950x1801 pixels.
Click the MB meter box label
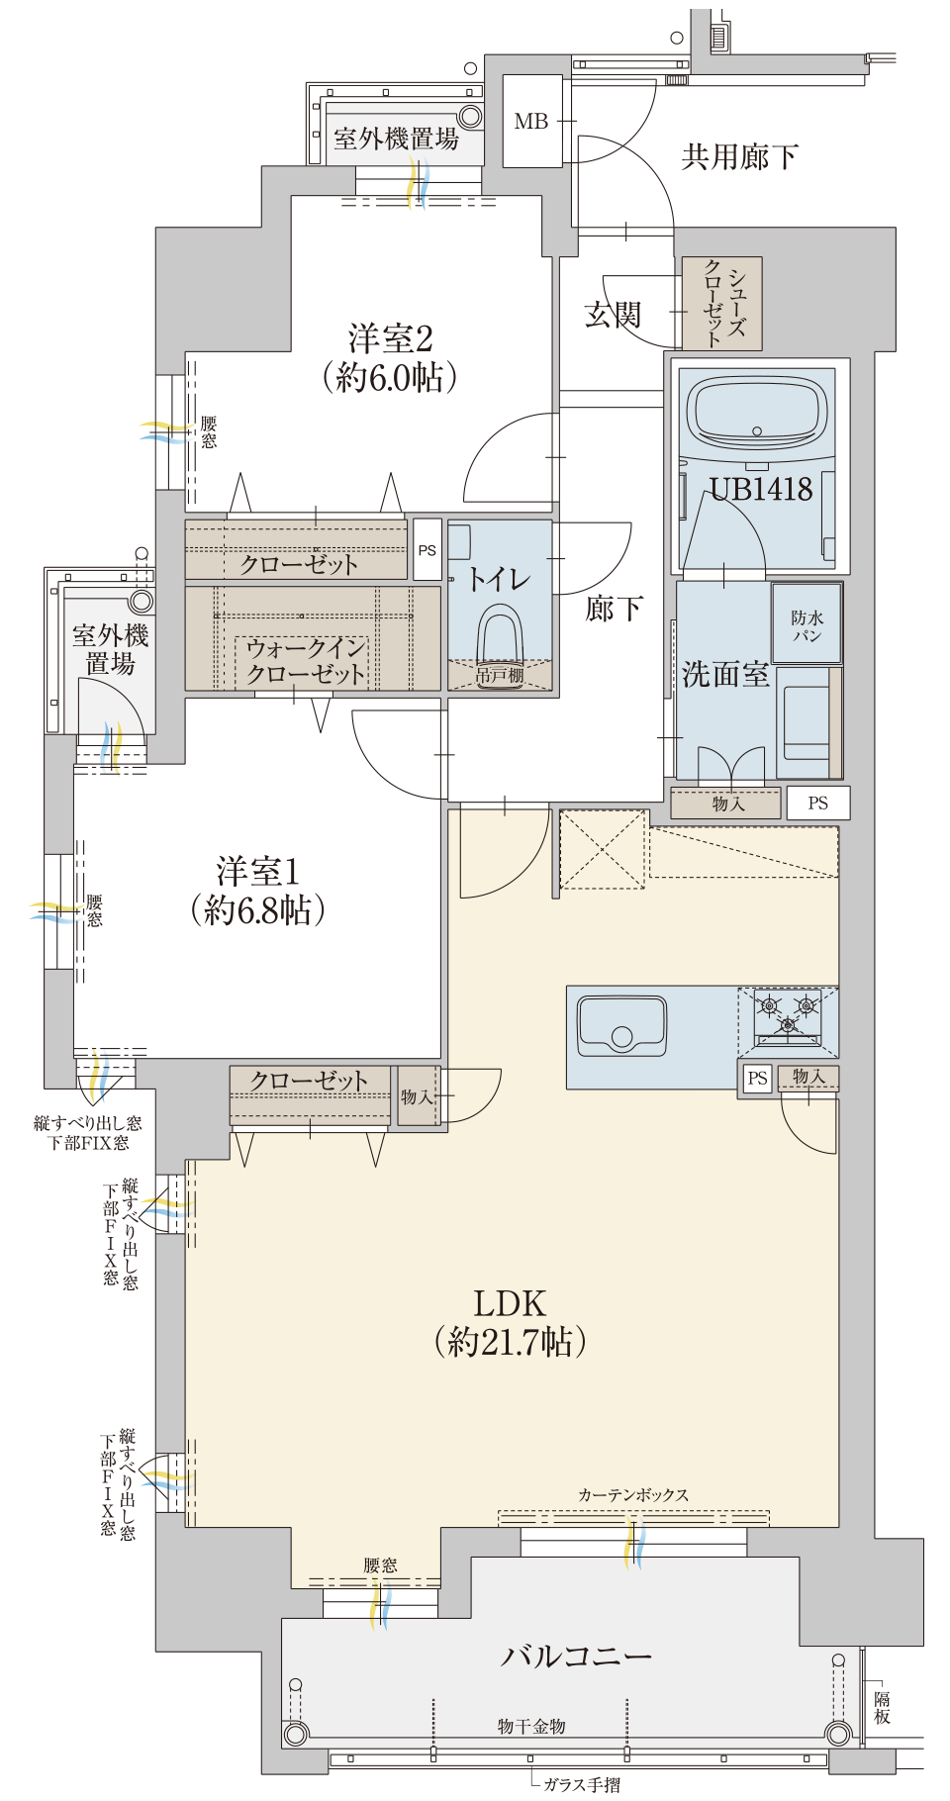531,122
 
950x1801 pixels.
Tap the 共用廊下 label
739,156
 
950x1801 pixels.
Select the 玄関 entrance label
614,315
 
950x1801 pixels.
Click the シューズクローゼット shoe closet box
722,304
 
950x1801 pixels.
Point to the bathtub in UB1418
758,412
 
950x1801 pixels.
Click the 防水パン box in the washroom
807,623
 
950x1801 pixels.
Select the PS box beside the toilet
427,550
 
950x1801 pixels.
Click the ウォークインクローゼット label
306,661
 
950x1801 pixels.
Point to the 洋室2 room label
391,357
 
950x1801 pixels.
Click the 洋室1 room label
257,891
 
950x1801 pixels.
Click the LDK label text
510,1303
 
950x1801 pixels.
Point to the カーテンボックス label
633,1494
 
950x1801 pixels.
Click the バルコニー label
576,1655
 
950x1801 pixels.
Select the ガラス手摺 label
582,1784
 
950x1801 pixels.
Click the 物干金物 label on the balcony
531,1726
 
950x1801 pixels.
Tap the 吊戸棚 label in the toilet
500,675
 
